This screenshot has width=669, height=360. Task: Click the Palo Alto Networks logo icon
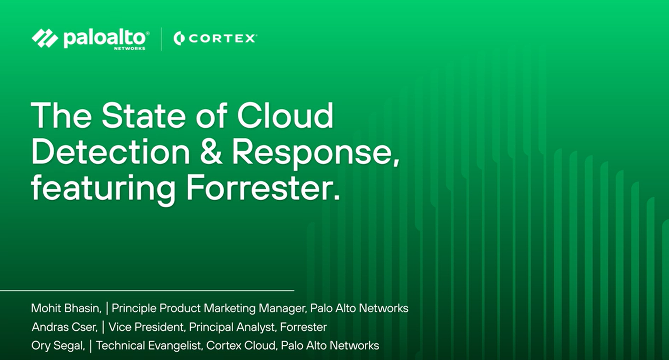pyautogui.click(x=45, y=38)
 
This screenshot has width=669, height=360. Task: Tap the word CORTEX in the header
pyautogui.click(x=222, y=38)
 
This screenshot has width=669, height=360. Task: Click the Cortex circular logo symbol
pyautogui.click(x=179, y=38)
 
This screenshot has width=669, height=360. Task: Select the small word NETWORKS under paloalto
pyautogui.click(x=130, y=49)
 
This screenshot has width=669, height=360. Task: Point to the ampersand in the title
pyautogui.click(x=211, y=151)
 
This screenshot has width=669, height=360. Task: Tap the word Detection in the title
pyautogui.click(x=110, y=151)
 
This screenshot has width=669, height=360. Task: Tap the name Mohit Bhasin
pyautogui.click(x=66, y=308)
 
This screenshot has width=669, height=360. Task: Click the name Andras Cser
pyautogui.click(x=65, y=327)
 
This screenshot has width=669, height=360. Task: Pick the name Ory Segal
pyautogui.click(x=58, y=346)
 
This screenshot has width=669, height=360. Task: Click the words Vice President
pyautogui.click(x=146, y=327)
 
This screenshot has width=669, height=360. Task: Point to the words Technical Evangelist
pyautogui.click(x=148, y=346)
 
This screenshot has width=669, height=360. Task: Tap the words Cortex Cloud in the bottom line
pyautogui.click(x=242, y=346)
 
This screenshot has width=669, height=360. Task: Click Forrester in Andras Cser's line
pyautogui.click(x=304, y=327)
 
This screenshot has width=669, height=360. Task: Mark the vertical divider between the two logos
pyautogui.click(x=161, y=39)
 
